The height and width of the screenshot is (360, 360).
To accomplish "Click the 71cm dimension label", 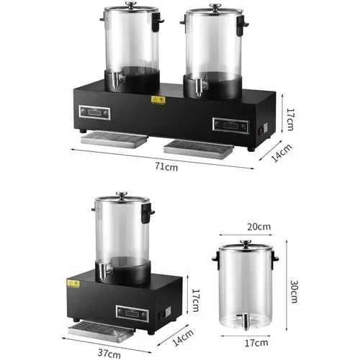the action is (166, 166).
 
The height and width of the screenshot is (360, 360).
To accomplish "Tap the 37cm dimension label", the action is (109, 353).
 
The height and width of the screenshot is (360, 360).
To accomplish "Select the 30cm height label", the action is (294, 292).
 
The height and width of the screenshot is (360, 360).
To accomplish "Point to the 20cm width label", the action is (259, 227).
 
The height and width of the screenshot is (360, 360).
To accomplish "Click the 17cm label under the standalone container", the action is (256, 343).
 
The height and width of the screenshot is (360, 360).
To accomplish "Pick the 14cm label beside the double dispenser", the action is (282, 153).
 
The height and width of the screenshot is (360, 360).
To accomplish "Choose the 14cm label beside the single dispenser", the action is (183, 338).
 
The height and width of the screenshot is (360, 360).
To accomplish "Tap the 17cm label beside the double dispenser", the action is (290, 120).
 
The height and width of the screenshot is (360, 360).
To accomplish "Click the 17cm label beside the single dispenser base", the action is (196, 300).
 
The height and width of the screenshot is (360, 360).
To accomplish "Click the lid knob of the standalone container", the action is (246, 243).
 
